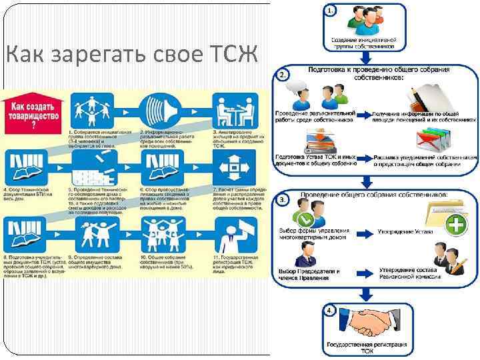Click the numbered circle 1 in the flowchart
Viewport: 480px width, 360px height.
[x=331, y=11]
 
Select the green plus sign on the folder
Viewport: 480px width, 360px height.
[x=456, y=225]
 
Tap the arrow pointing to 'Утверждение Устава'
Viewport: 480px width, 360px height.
[x=365, y=232]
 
